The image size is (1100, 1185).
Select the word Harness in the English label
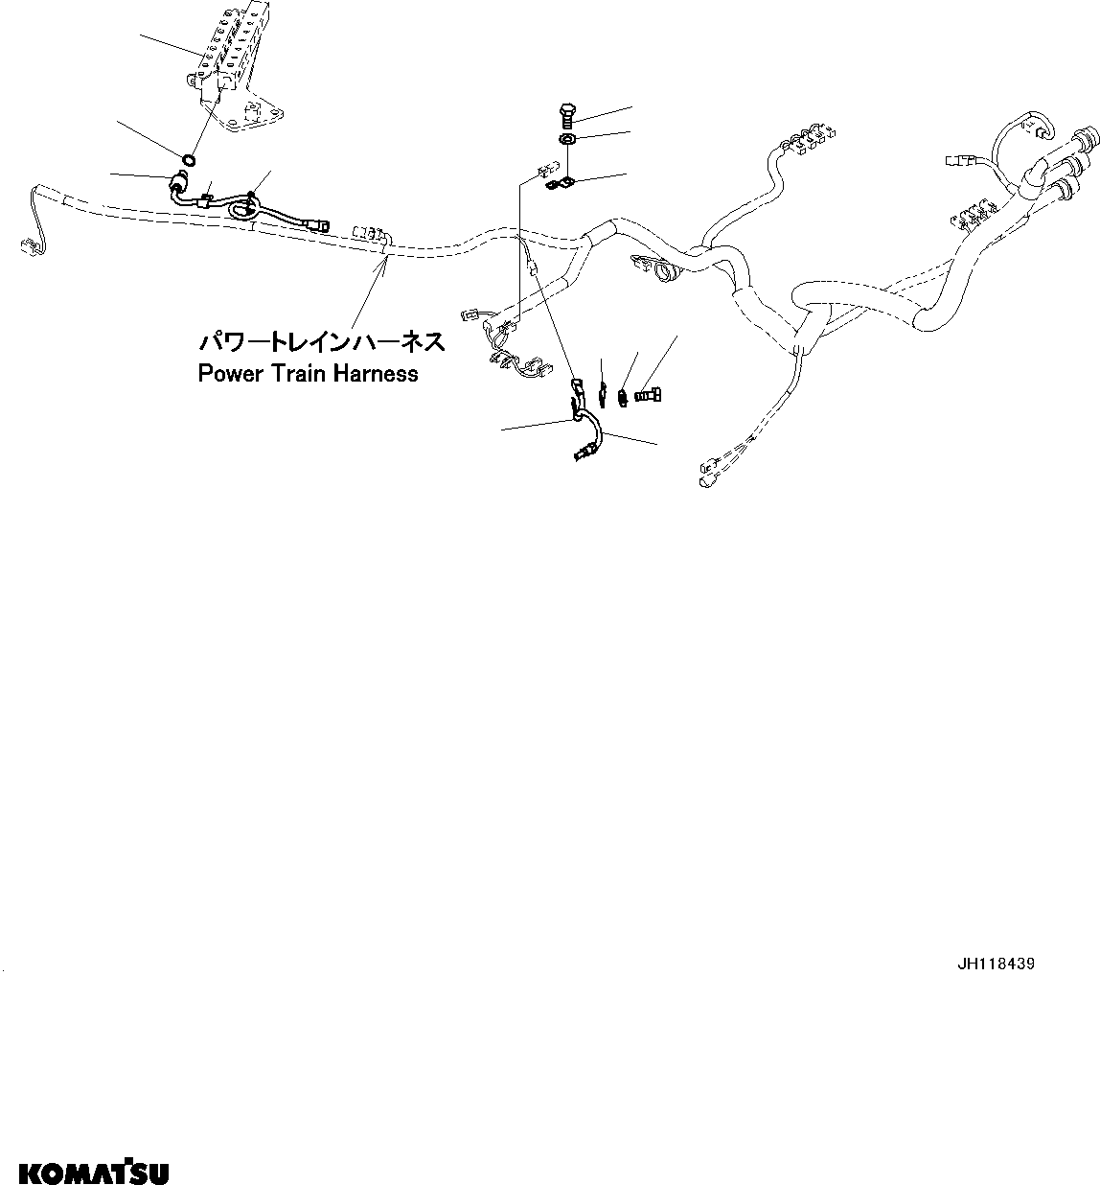pos(376,374)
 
